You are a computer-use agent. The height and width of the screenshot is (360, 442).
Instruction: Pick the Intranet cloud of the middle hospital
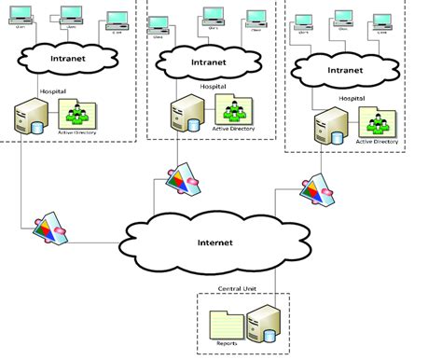pos(207,63)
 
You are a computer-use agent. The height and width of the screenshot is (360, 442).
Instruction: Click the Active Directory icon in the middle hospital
pos(228,109)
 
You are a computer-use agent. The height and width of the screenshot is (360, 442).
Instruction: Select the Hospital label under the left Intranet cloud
pos(53,91)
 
